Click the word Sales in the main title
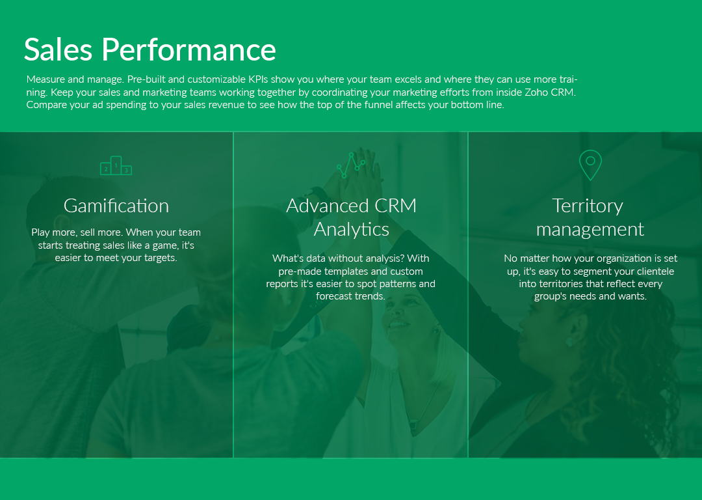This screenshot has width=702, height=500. tap(58, 49)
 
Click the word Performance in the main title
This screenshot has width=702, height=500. tap(189, 49)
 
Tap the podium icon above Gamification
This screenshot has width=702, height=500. tap(116, 165)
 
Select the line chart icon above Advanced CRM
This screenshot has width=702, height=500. tap(351, 165)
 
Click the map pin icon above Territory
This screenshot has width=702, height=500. tap(590, 165)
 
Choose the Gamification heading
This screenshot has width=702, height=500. tap(116, 206)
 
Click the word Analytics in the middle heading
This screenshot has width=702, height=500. tap(352, 230)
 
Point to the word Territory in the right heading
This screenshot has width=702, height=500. tap(588, 206)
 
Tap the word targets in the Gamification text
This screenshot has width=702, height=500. tap(161, 258)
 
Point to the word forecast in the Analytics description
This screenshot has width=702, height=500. tap(331, 296)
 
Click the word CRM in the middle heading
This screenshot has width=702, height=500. tap(395, 206)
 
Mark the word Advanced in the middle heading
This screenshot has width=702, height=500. tap(327, 206)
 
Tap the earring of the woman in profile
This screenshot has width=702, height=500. tap(569, 342)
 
